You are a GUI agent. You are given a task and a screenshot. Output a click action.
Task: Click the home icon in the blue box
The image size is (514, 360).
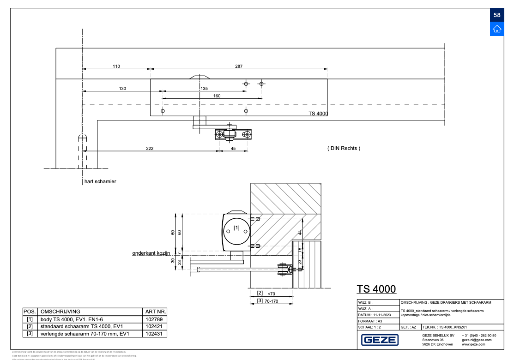(497, 29)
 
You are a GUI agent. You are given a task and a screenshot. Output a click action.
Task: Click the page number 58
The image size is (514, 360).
(497, 15)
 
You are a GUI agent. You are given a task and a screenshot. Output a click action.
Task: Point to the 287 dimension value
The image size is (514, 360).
(238, 66)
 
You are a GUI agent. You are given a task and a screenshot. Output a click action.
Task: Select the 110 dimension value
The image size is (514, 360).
(116, 66)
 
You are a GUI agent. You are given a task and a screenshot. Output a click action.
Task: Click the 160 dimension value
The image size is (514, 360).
(217, 96)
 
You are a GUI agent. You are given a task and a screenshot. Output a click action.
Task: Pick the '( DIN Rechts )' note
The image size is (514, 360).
(343, 148)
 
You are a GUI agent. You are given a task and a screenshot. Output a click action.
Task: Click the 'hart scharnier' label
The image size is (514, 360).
(100, 181)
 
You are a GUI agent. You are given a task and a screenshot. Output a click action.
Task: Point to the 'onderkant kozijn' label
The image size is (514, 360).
(151, 253)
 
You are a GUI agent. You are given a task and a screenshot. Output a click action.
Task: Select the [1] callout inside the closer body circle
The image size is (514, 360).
(236, 228)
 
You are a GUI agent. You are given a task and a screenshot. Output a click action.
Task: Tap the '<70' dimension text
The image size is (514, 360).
(272, 293)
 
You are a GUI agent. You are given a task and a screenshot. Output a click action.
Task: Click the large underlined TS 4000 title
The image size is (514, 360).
(376, 289)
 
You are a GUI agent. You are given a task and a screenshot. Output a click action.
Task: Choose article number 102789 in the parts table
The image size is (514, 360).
(154, 319)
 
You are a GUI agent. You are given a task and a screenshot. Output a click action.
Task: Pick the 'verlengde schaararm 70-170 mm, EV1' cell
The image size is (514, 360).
(85, 333)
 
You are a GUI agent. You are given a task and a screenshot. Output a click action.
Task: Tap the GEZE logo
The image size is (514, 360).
(379, 340)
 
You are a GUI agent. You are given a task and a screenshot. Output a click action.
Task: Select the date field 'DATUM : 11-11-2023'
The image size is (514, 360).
(375, 314)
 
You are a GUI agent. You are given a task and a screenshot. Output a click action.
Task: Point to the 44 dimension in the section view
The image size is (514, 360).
(300, 232)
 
